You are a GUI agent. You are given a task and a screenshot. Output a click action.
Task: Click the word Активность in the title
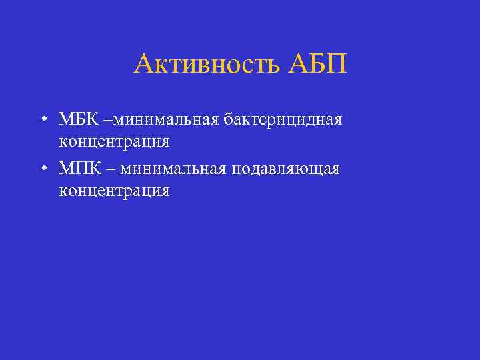(x=208, y=65)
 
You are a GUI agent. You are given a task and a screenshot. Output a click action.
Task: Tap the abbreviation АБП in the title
(x=319, y=65)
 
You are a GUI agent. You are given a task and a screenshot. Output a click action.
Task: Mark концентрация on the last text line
(x=114, y=192)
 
